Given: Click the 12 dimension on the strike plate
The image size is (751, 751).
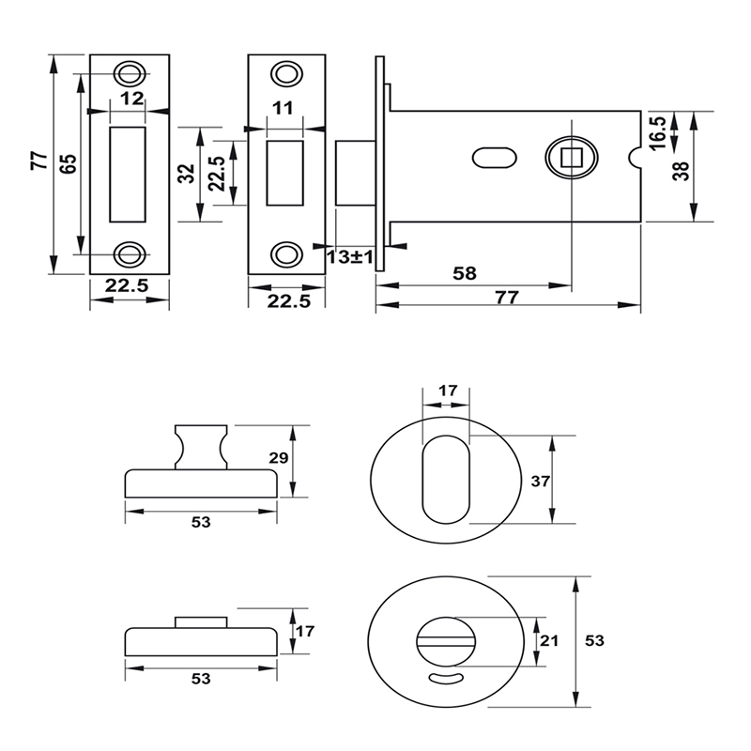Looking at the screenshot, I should click(x=131, y=99).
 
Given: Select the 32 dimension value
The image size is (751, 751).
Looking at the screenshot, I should click(x=187, y=174).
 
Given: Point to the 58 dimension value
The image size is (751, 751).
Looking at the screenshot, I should click(x=465, y=274).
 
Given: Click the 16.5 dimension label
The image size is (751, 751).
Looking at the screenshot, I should click(x=657, y=131).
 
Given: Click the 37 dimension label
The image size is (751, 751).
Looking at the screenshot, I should click(x=539, y=482).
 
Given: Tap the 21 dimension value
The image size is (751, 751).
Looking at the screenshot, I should click(x=550, y=641).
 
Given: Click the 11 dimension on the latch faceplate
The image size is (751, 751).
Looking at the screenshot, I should click(x=281, y=109).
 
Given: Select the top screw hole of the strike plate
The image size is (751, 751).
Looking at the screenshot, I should click(x=130, y=73).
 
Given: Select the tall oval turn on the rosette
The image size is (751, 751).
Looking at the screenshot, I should click(x=446, y=480).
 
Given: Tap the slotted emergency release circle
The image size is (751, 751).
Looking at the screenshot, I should click(x=446, y=640).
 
